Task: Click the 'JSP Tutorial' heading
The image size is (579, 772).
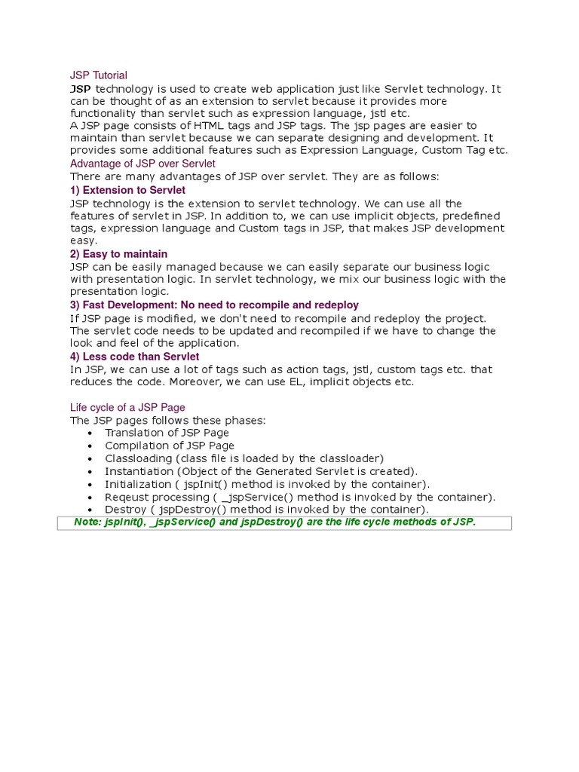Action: click(98, 75)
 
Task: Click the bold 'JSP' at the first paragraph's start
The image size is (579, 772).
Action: click(81, 89)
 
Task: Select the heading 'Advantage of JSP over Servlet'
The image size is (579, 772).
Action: click(142, 164)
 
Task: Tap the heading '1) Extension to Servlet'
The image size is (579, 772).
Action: click(127, 190)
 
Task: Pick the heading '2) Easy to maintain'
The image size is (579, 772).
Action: click(118, 254)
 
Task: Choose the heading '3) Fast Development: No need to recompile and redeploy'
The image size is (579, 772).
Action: click(214, 305)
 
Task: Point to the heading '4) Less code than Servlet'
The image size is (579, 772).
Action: click(134, 357)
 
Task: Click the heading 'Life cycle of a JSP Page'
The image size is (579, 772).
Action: click(127, 408)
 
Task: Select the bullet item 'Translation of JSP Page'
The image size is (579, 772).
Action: click(167, 433)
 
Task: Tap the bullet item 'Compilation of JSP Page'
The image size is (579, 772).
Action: click(170, 446)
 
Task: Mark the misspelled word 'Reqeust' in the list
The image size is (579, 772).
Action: click(126, 497)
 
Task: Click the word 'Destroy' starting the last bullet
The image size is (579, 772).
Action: click(125, 510)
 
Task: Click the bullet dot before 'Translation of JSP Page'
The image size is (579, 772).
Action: click(90, 433)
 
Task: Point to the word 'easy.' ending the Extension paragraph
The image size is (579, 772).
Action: click(84, 240)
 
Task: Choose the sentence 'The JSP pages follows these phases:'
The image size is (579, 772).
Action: click(167, 420)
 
